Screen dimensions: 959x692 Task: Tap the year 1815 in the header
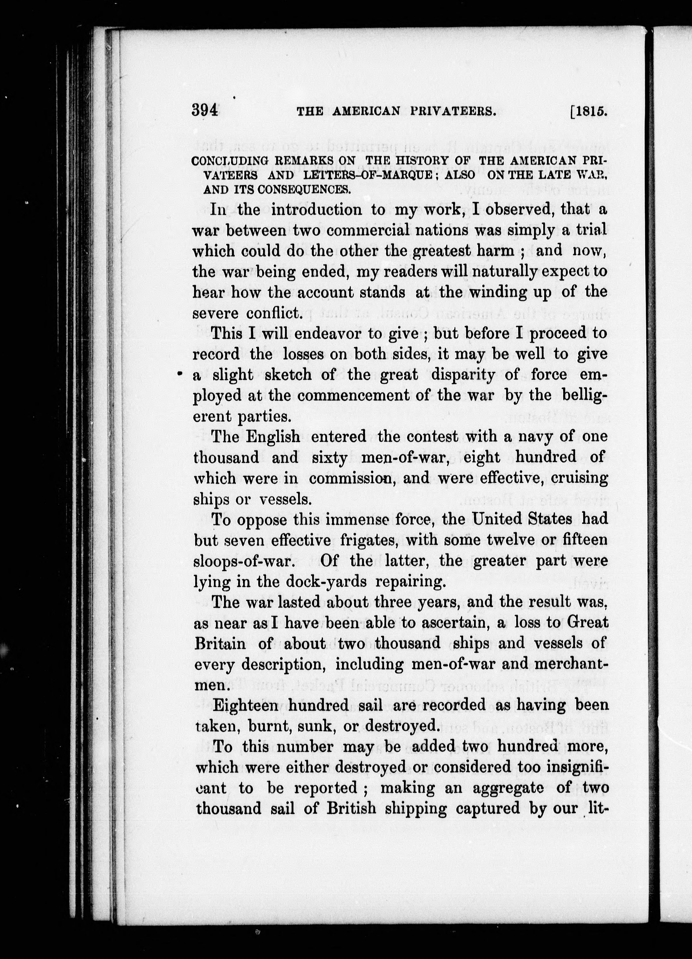click(x=590, y=111)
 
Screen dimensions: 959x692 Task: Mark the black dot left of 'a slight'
click(x=179, y=374)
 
